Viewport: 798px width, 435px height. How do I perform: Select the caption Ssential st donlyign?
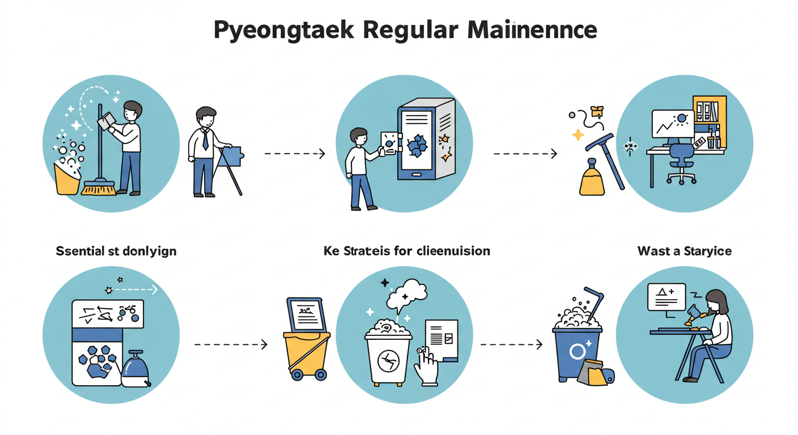point(116,251)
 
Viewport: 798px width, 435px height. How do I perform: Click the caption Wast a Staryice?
point(684,250)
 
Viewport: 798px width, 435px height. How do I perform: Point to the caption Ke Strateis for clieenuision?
point(406,250)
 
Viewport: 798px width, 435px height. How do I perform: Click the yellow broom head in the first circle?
point(99,187)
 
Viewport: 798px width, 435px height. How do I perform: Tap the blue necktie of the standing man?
point(205,139)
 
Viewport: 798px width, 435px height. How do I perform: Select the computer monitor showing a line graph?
point(673,125)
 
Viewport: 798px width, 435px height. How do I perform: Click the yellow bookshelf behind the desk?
point(710,113)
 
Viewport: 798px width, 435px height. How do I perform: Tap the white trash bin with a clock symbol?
point(389,357)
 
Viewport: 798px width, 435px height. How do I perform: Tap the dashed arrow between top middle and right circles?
point(525,153)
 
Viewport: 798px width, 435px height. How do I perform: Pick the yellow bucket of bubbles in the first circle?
point(67,179)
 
